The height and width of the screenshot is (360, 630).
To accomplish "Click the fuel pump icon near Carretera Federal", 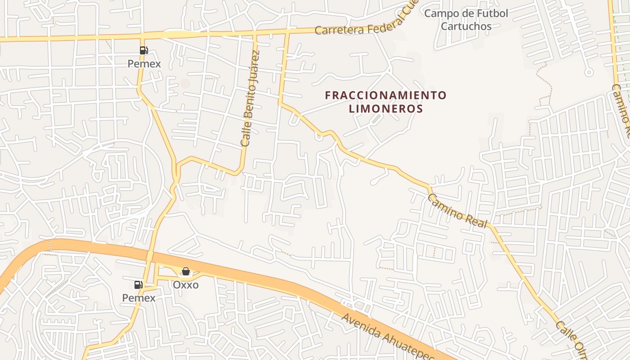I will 144,50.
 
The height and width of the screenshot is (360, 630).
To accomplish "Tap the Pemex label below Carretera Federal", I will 144,63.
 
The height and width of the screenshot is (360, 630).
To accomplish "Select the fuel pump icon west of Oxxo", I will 138,284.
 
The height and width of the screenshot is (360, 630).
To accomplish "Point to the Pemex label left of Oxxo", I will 139,297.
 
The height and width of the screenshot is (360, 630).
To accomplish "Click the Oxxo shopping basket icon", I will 185,271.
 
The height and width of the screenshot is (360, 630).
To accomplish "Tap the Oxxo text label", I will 185,284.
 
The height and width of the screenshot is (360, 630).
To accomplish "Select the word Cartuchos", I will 466,26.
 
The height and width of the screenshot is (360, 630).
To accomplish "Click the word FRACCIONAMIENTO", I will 386,95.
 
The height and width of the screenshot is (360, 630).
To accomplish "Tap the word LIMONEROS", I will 386,109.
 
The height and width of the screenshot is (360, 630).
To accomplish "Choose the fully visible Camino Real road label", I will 457,211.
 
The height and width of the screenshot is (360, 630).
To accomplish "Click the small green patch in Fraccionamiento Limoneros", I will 376,119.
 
